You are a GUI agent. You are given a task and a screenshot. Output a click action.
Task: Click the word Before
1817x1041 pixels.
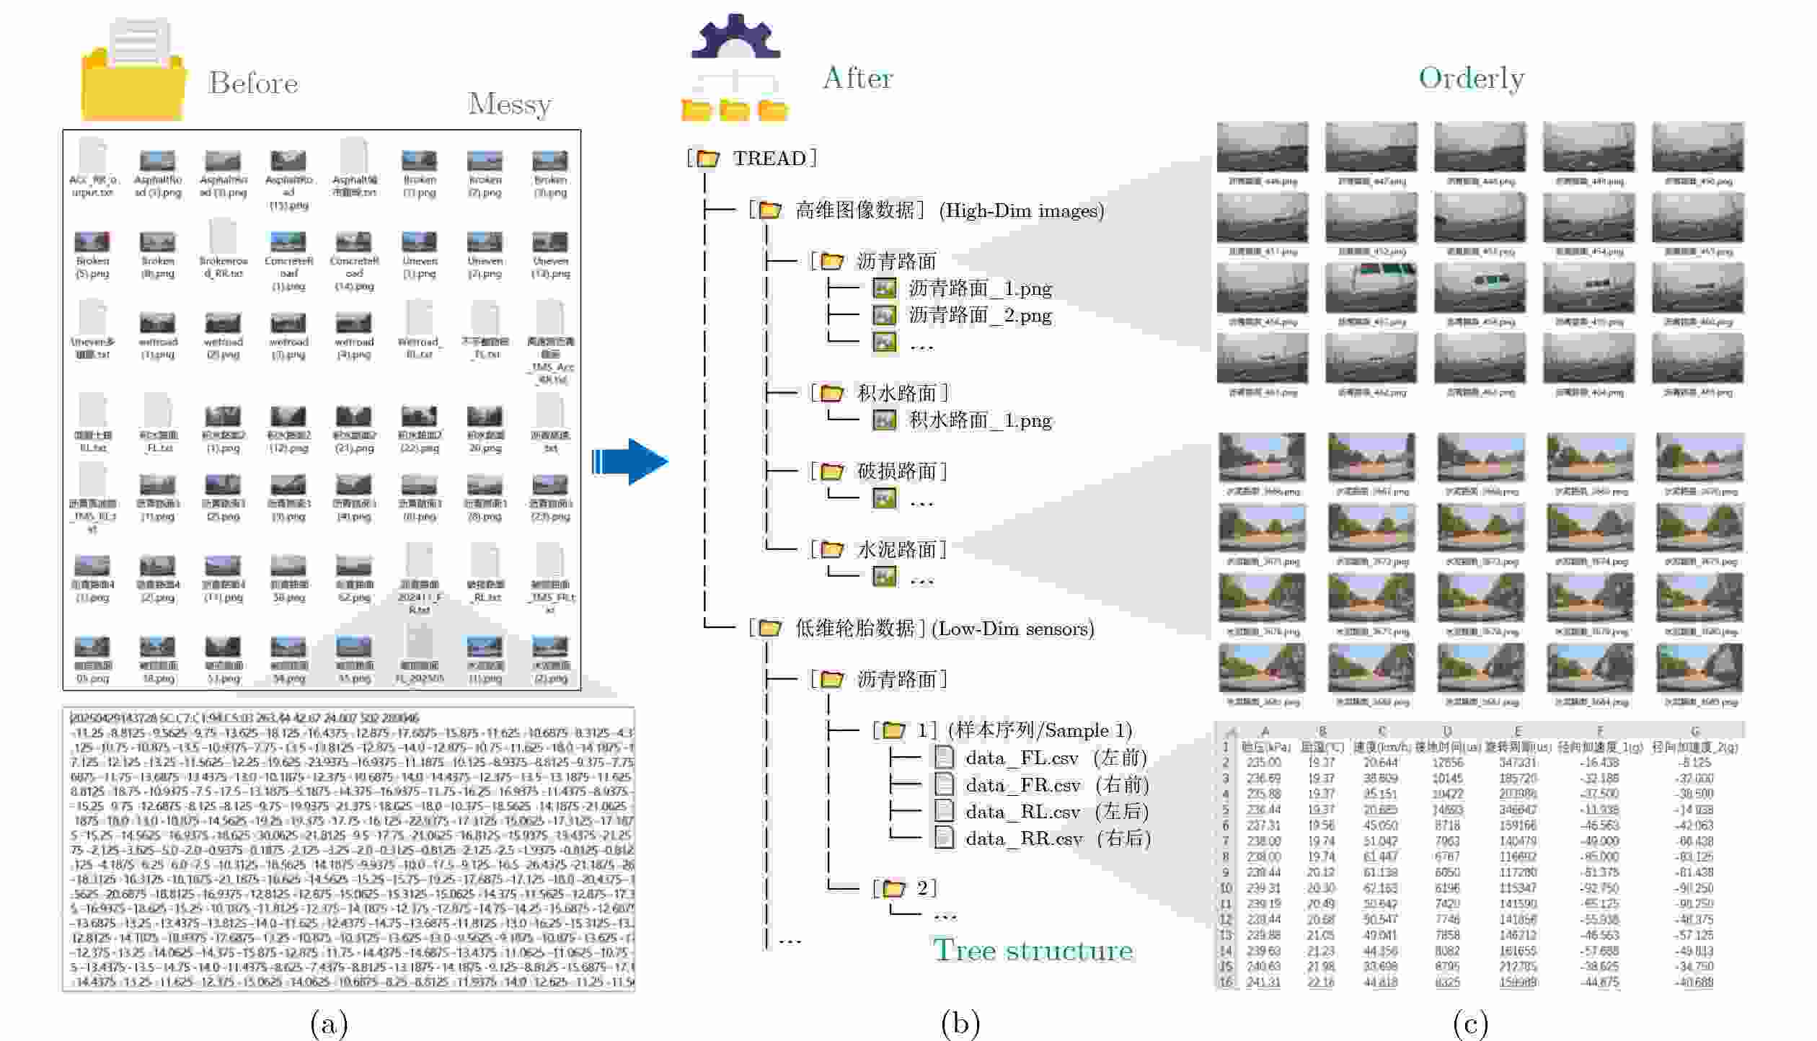pos(252,83)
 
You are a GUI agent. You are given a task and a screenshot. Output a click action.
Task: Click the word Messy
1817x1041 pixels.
pos(509,105)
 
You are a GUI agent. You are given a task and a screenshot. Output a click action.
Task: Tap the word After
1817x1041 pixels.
pos(857,78)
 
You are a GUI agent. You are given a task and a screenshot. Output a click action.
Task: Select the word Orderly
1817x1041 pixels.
pos(1471,78)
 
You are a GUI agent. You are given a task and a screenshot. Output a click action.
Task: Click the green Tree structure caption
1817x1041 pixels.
pos(1033,949)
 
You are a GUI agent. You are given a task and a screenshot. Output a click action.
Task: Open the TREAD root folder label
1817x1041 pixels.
pos(769,158)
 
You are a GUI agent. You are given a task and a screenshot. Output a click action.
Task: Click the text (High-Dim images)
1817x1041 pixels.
pos(1021,211)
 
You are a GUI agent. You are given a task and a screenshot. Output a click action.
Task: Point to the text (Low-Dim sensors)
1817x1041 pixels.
pos(1012,629)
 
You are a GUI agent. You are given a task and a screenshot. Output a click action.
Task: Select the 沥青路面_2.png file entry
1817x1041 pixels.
pos(979,315)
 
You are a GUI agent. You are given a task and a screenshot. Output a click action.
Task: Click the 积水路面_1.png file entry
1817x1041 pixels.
pos(979,420)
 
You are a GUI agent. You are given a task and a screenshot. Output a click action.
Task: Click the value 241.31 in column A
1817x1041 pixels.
pos(1263,982)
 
